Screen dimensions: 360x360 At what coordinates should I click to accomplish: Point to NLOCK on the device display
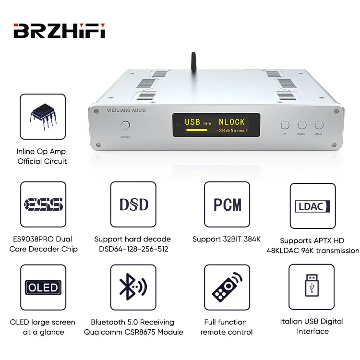tap(232, 122)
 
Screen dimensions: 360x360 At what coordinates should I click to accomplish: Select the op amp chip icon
tap(42, 116)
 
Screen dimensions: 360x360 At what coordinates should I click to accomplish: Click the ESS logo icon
tap(43, 204)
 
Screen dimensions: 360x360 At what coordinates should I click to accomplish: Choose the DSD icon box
tap(133, 204)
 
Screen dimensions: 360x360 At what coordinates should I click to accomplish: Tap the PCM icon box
tap(227, 204)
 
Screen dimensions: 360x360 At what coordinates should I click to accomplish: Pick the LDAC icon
tap(312, 206)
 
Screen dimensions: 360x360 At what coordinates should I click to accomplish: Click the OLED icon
tap(43, 288)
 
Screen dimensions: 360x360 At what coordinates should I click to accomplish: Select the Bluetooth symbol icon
tap(133, 288)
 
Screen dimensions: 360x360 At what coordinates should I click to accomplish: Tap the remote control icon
tap(227, 288)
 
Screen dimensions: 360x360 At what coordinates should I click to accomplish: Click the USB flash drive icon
tap(312, 288)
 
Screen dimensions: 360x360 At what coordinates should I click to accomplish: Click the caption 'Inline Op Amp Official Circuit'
tap(42, 156)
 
